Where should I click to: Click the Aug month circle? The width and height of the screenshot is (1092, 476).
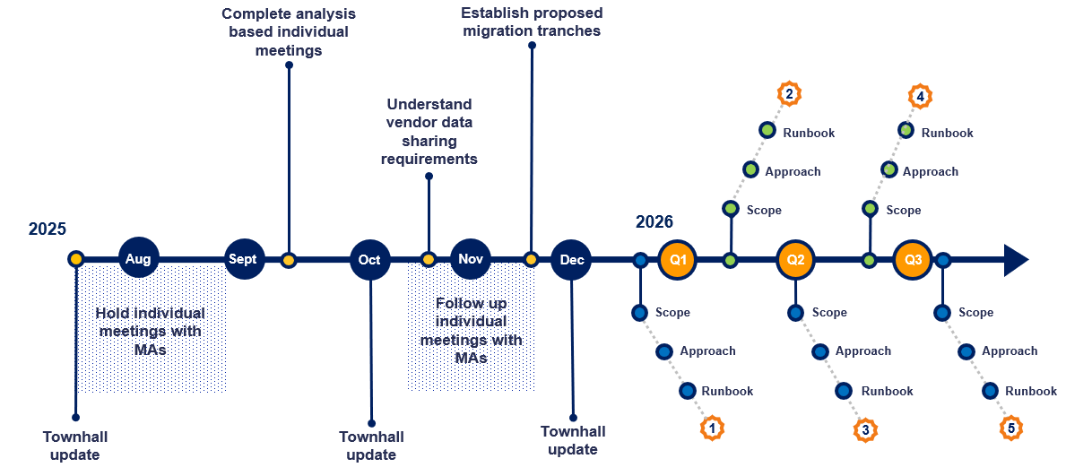tap(138, 259)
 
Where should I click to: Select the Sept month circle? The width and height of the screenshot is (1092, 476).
tap(242, 259)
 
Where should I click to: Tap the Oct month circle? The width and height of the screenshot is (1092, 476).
tap(369, 260)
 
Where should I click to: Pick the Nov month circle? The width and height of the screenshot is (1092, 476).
tap(470, 259)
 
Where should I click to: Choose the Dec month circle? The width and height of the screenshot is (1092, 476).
tap(571, 260)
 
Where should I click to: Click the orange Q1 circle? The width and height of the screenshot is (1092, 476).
tap(678, 260)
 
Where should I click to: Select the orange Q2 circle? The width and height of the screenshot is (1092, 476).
tap(795, 260)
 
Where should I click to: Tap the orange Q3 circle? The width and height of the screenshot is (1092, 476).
tap(913, 260)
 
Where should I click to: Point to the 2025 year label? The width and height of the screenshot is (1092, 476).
tap(48, 229)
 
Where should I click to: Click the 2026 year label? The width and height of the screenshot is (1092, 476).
tap(654, 222)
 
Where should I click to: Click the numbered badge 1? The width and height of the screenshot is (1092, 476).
tap(711, 428)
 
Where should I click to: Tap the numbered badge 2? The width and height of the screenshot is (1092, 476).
tap(789, 93)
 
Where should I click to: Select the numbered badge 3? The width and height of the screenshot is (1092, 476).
tap(864, 429)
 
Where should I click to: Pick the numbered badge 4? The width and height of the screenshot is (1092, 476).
tap(920, 95)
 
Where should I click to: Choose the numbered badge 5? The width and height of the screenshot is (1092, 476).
tap(1011, 428)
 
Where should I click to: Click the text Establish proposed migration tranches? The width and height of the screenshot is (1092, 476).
tap(532, 22)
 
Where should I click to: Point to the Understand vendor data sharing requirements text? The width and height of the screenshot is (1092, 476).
tap(429, 132)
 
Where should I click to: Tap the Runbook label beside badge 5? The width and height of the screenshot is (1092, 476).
tap(1031, 391)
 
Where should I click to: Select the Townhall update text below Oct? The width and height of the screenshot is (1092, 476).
tap(371, 446)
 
